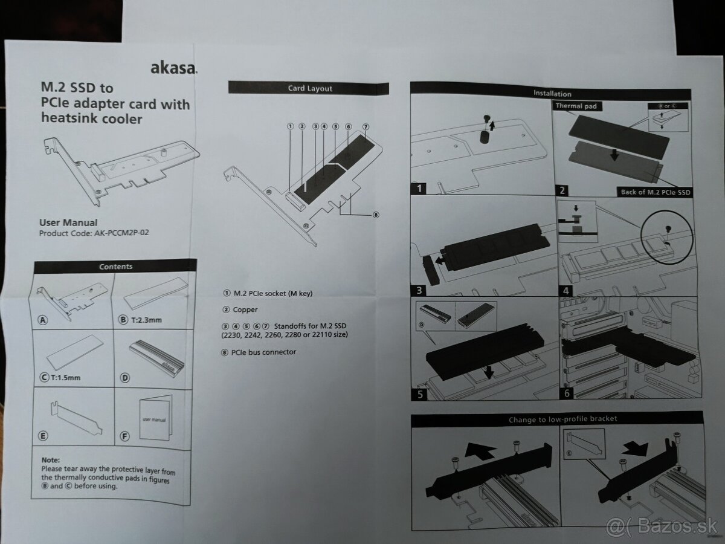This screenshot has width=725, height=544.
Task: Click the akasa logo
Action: pyautogui.click(x=174, y=68)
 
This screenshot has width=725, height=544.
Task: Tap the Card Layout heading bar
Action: pyautogui.click(x=309, y=88)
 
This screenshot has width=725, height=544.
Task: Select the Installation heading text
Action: pyautogui.click(x=552, y=94)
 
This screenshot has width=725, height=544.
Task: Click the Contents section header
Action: pyautogui.click(x=115, y=266)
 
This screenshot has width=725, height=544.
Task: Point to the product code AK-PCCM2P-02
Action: pyautogui.click(x=121, y=233)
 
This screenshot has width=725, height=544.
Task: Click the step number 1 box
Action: pyautogui.click(x=419, y=189)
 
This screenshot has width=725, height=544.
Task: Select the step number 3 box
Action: pyautogui.click(x=419, y=290)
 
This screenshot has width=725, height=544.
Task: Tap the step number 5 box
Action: pyautogui.click(x=419, y=394)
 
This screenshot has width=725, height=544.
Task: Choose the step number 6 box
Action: pyautogui.click(x=567, y=393)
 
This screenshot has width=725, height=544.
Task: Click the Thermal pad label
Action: pyautogui.click(x=576, y=106)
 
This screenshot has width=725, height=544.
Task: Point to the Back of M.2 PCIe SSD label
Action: pyautogui.click(x=655, y=192)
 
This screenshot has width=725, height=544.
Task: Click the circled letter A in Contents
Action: pyautogui.click(x=43, y=320)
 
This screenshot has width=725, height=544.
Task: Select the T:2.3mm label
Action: pyautogui.click(x=146, y=320)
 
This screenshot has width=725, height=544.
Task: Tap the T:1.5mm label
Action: pyautogui.click(x=65, y=377)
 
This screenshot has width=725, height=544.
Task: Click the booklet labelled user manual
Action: pyautogui.click(x=155, y=418)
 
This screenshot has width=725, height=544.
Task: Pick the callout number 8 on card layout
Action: pyautogui.click(x=376, y=215)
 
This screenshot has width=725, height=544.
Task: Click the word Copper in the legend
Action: pyautogui.click(x=245, y=310)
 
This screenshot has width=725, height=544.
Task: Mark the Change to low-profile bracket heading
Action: pyautogui.click(x=562, y=419)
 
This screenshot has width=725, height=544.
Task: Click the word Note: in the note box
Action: pyautogui.click(x=51, y=460)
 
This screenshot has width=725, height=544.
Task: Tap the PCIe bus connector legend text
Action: pyautogui.click(x=263, y=352)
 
